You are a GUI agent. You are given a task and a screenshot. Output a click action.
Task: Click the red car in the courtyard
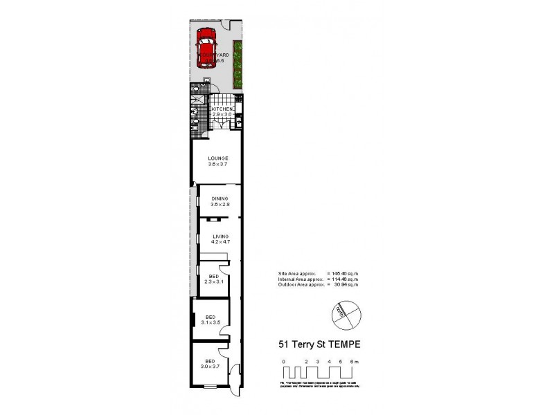206,52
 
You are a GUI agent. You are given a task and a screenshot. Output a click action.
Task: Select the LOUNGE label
218,158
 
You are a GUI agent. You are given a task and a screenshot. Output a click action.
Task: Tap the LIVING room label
220,237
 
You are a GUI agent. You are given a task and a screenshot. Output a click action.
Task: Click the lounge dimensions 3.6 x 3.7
218,164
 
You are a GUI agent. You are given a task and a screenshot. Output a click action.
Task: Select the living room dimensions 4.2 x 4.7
220,242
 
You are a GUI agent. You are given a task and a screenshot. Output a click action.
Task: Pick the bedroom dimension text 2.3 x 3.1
213,282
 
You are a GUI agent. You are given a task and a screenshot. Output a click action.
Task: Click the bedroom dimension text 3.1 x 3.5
210,322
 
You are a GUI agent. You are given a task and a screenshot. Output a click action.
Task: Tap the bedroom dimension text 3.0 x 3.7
210,367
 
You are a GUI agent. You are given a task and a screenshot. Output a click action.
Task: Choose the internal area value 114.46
346,279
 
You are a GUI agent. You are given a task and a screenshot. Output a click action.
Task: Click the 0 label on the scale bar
283,362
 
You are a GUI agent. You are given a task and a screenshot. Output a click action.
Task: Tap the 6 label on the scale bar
352,362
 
